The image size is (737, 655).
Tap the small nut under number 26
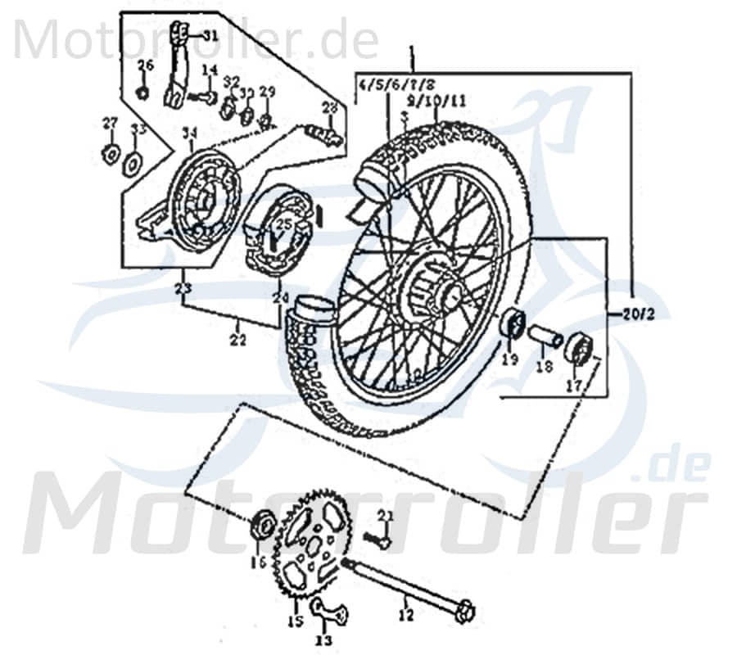coord(142,91)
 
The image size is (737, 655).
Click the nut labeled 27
coord(109,152)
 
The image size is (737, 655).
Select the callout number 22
coord(237,341)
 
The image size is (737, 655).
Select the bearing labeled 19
coord(512,323)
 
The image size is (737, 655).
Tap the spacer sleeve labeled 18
coord(545,336)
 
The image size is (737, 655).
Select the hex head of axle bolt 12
coord(464,611)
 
